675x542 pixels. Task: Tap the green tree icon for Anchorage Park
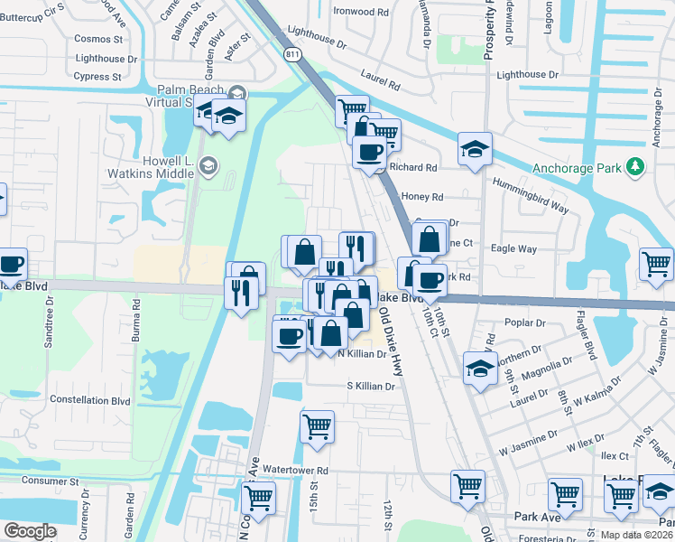point(635,166)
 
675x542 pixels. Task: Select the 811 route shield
point(291,55)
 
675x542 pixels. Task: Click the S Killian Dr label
point(372,386)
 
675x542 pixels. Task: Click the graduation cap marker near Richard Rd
point(475,149)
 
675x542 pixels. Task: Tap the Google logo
point(30,531)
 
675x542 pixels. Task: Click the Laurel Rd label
point(382,84)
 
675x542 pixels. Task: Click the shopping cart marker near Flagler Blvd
point(656,264)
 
